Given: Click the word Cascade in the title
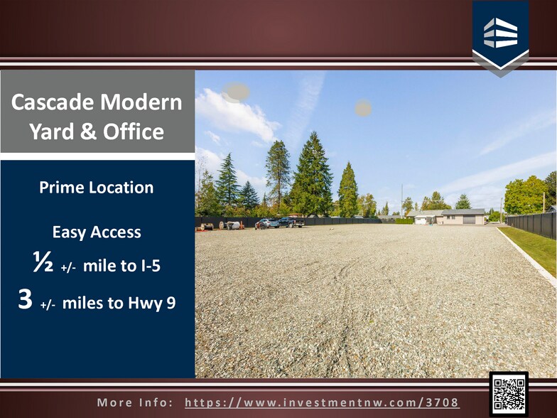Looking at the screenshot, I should [51, 103].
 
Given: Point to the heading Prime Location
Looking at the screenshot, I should [97, 188].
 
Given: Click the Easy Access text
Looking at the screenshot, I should [97, 232].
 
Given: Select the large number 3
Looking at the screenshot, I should [26, 300].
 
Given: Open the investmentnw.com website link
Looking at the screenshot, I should [322, 402].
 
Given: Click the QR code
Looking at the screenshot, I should [509, 393].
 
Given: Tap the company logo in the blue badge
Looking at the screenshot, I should [500, 33].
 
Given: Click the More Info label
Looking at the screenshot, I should [135, 402].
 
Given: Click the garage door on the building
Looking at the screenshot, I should [468, 220].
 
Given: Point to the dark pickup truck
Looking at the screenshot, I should [291, 223].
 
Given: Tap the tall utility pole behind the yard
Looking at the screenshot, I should [401, 200].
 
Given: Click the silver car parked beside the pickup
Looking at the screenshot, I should [267, 223].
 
